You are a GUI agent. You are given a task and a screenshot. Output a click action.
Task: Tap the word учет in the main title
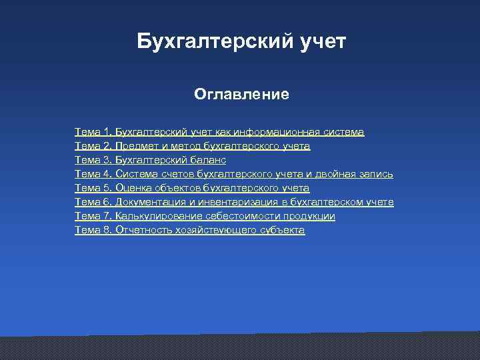click(x=323, y=42)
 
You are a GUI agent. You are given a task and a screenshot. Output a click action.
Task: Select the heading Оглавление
click(x=241, y=94)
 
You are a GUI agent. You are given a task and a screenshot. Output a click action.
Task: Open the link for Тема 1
click(x=219, y=132)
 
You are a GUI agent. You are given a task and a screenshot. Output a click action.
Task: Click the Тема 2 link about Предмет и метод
click(x=192, y=146)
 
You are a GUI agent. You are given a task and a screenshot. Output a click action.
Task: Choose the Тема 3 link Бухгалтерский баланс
click(x=150, y=160)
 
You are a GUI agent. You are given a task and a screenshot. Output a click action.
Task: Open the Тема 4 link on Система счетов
click(x=233, y=174)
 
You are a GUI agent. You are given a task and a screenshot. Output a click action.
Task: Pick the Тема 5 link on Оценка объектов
click(x=192, y=188)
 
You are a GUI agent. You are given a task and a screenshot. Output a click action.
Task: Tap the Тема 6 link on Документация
click(x=234, y=202)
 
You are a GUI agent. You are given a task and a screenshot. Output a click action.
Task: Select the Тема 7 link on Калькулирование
click(x=205, y=216)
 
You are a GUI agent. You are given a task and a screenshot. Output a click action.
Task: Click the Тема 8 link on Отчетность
click(x=189, y=230)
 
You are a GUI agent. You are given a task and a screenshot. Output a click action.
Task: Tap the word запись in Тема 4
click(x=375, y=174)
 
